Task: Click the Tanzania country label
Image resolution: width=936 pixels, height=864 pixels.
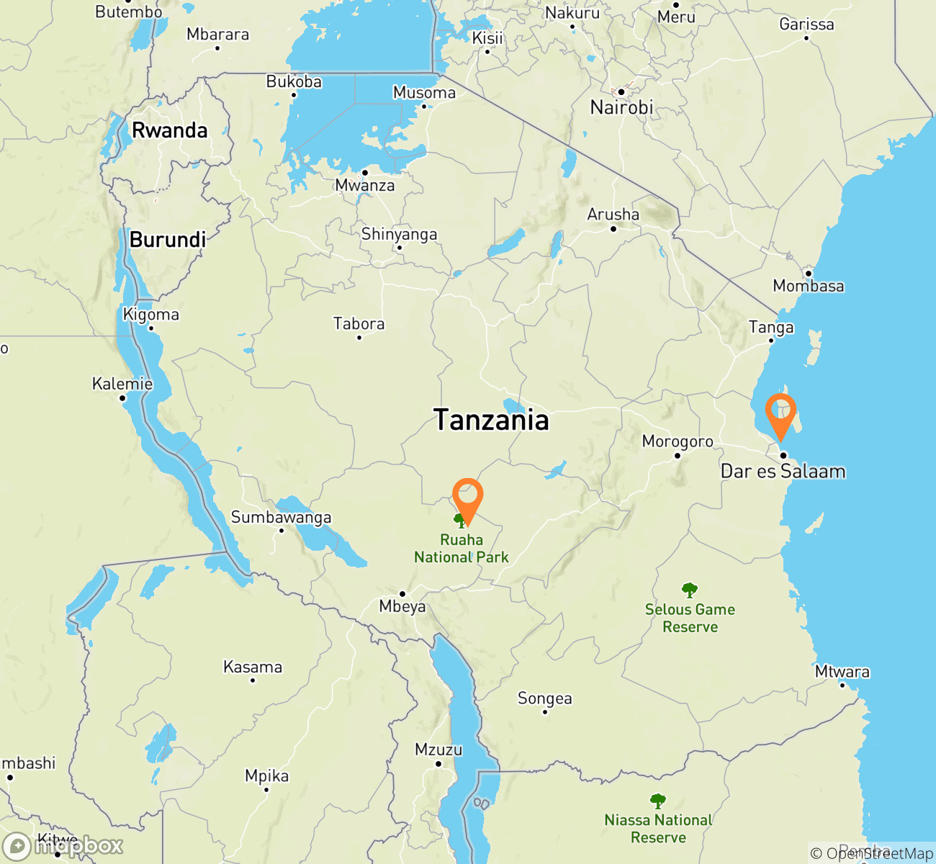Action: pos(491,420)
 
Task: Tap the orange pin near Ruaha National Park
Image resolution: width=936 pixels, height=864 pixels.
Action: pos(467,496)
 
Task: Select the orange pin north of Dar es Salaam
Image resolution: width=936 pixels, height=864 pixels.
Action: pos(780,412)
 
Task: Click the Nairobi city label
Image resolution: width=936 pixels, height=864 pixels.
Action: pos(621,108)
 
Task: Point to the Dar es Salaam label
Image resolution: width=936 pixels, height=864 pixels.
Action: pos(783,472)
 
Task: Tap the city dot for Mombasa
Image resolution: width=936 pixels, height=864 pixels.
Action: pos(809,274)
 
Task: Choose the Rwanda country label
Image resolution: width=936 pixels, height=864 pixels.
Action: pos(169,130)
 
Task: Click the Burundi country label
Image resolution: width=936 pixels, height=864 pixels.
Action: pos(168,240)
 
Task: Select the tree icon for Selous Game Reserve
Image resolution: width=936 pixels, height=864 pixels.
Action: pos(690,590)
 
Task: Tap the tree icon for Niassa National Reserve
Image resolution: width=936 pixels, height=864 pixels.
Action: pos(657,801)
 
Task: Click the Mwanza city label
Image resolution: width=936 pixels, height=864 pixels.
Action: pos(365,186)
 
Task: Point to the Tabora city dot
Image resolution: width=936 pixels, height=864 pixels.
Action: pos(359,337)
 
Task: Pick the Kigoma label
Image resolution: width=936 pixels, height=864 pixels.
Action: pos(150,315)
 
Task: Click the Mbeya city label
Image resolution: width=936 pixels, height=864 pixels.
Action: pos(402,607)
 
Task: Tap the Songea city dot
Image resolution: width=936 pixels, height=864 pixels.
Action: pos(545,712)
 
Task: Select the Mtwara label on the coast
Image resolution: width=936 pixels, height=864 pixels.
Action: pos(842,672)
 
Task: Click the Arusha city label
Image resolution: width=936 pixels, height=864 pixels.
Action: pos(613,215)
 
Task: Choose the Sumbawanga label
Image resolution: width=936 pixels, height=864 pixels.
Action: pos(281,517)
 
